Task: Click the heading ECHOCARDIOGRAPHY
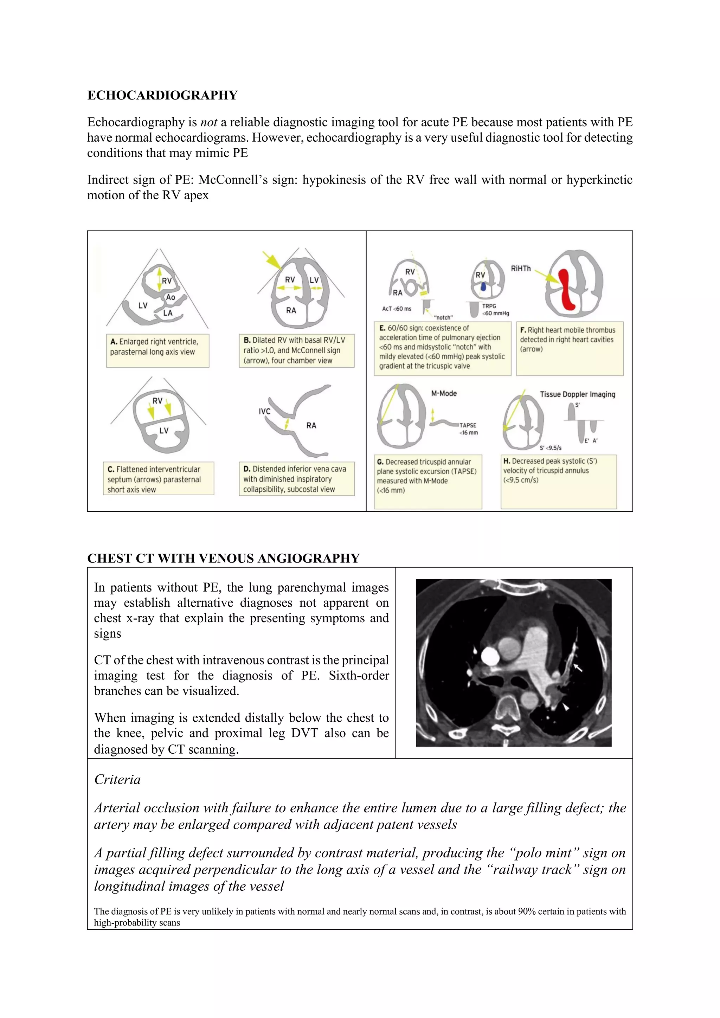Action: click(x=162, y=95)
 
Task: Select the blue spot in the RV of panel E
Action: click(x=484, y=287)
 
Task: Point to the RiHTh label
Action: click(x=521, y=269)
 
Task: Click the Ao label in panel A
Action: click(x=171, y=297)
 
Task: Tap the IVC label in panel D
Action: click(x=265, y=412)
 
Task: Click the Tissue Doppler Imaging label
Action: click(x=577, y=394)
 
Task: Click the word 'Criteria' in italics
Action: click(x=117, y=779)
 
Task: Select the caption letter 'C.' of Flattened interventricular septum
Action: click(x=111, y=469)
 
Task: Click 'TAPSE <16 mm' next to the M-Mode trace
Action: click(x=469, y=429)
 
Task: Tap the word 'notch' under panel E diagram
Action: click(x=443, y=317)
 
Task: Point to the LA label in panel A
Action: click(x=168, y=313)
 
